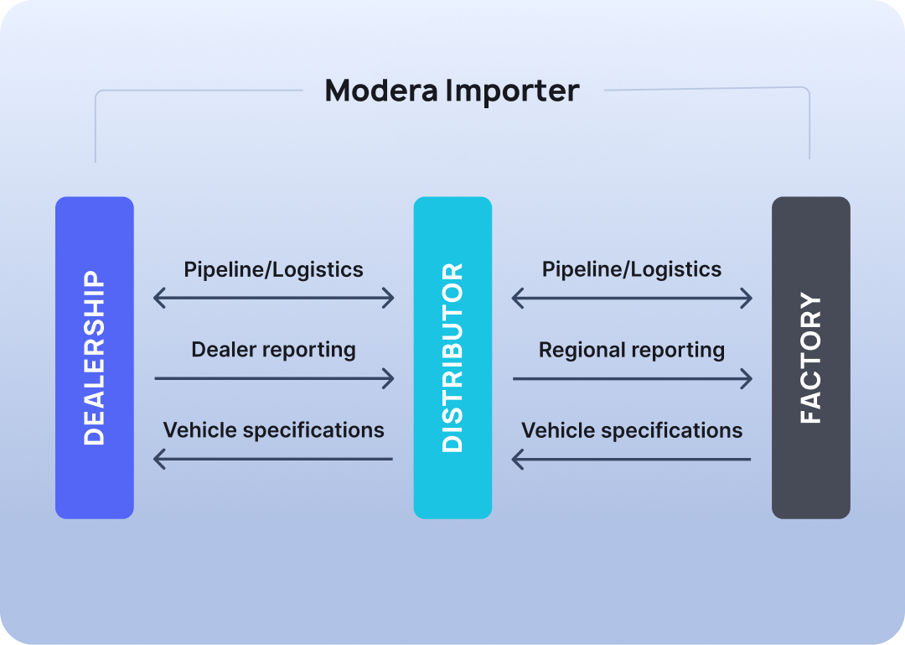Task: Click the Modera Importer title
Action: point(452,91)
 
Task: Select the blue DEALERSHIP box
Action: point(95,357)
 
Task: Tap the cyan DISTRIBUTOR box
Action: point(452,357)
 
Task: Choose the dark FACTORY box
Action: point(810,357)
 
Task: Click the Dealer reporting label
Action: point(273,350)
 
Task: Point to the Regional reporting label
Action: point(632,350)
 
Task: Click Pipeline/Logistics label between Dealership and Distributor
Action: point(273,269)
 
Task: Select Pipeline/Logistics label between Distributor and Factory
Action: point(632,269)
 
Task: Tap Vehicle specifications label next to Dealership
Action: point(273,430)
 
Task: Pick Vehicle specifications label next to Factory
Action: point(632,430)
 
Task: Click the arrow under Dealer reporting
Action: point(274,378)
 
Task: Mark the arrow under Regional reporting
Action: point(633,378)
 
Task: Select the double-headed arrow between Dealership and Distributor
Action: point(274,298)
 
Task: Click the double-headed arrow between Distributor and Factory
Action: point(632,298)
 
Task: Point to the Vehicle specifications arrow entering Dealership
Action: point(274,459)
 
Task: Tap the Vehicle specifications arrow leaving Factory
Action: point(632,459)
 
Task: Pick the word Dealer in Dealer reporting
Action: point(220,350)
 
